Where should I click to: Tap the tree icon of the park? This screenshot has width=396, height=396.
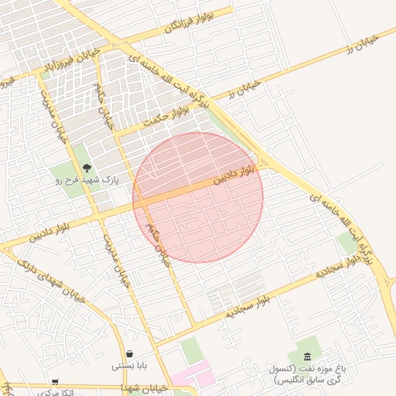click(x=86, y=167)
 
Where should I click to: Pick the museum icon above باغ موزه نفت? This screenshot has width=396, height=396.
click(x=309, y=357)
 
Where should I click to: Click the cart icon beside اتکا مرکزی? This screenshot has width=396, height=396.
click(x=55, y=381)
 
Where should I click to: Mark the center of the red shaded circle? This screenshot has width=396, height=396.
click(x=198, y=197)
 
